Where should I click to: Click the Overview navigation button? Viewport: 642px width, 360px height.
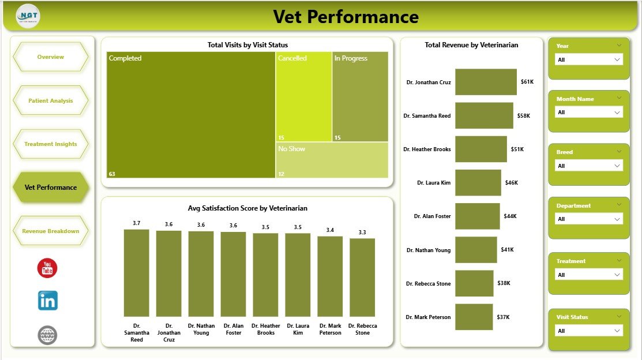click(50, 57)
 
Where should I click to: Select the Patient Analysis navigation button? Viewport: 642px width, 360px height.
click(50, 100)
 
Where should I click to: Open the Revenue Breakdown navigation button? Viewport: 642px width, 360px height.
click(50, 231)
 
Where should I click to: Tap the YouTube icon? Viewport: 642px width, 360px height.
click(47, 268)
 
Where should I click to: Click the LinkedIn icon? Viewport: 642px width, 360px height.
click(47, 301)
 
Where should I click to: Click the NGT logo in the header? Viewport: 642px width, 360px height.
click(28, 16)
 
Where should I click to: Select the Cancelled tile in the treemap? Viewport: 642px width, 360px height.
click(303, 97)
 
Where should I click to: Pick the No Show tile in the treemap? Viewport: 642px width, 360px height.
click(332, 160)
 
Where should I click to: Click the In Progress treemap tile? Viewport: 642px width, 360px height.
click(360, 97)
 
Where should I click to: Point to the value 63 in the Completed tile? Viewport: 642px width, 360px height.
click(112, 174)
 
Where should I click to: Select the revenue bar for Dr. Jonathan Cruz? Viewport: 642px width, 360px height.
click(486, 82)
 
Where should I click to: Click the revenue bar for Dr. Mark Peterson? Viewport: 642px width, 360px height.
click(474, 317)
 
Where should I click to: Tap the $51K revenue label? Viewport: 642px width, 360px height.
click(517, 149)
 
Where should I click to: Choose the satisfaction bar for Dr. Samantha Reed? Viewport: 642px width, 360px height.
click(136, 272)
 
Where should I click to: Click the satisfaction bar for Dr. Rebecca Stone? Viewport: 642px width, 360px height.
click(362, 277)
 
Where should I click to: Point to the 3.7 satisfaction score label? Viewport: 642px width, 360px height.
click(136, 223)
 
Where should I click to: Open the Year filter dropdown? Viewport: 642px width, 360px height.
click(588, 59)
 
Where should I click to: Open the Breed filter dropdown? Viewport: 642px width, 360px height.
click(588, 166)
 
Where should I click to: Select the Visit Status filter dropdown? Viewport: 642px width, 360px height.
click(588, 331)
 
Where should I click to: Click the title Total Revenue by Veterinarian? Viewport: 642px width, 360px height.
click(471, 45)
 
